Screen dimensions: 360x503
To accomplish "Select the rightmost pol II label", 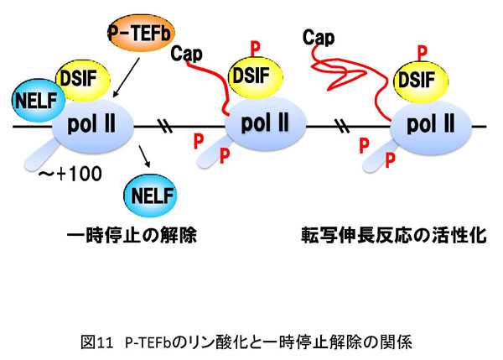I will click(x=430, y=125).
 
